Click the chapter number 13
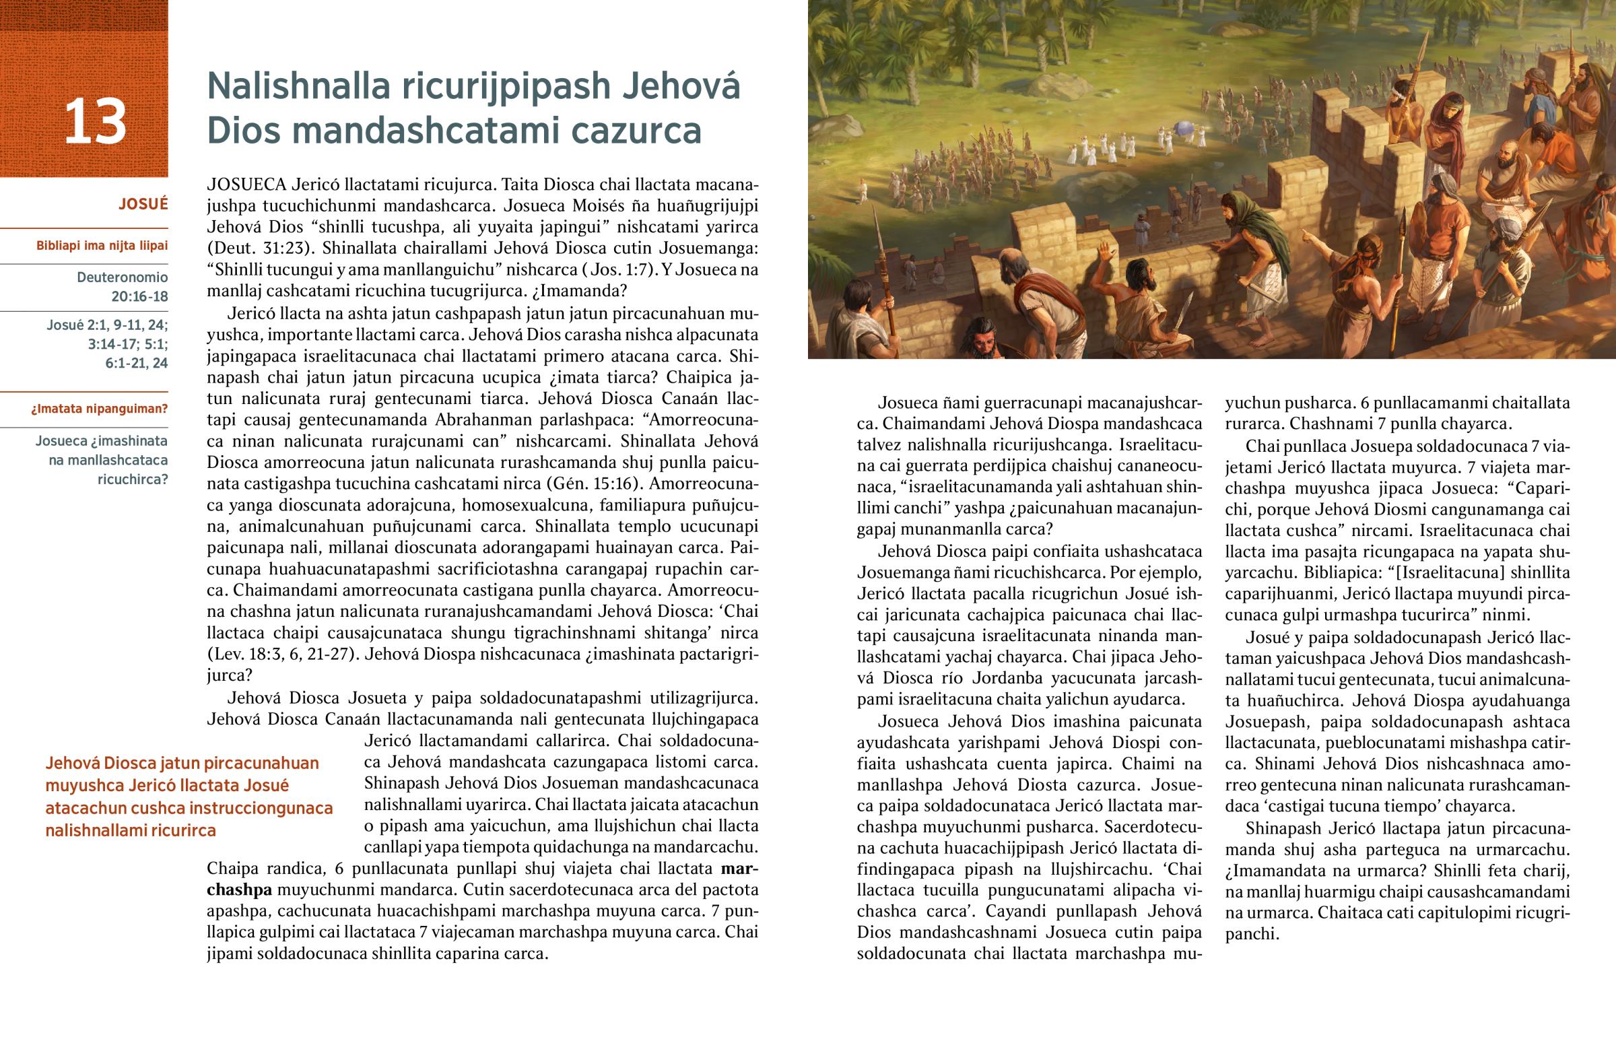pos(95,121)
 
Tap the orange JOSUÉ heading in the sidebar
pos(143,204)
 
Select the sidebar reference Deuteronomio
pos(122,277)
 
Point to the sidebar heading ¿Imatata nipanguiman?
pos(99,409)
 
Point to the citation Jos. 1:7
pos(616,269)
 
